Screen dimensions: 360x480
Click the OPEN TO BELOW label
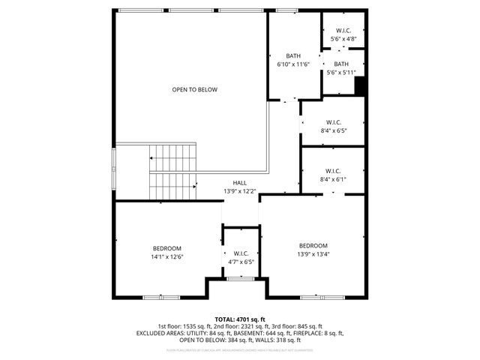(194, 90)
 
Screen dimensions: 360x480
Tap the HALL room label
(239, 183)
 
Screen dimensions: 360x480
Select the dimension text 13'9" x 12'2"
(239, 191)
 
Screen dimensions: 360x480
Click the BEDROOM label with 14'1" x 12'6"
(167, 248)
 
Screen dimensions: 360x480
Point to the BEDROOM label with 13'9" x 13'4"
(313, 245)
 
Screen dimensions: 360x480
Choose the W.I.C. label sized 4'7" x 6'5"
(241, 253)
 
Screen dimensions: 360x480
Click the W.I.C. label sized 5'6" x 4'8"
(343, 31)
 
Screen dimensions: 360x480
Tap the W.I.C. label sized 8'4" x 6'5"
(333, 122)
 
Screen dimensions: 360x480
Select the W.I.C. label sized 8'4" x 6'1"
(333, 170)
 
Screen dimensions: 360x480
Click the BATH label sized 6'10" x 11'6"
(293, 56)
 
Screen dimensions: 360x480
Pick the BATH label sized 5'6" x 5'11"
(341, 64)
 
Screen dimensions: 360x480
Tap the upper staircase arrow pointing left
(152, 158)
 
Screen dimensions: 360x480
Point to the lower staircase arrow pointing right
(194, 184)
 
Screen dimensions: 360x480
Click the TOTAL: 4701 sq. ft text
(240, 319)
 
